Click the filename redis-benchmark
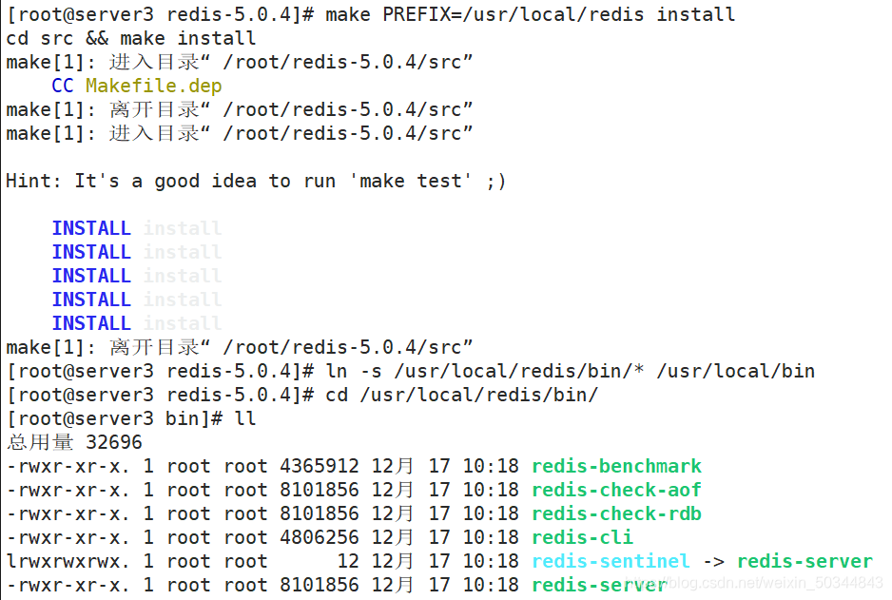tap(616, 467)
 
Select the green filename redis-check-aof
tap(616, 491)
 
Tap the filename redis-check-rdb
tap(616, 514)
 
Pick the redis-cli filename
tap(582, 538)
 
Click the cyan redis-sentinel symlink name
tap(611, 562)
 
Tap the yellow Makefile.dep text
tap(153, 87)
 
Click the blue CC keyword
tap(63, 87)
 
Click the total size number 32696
tap(113, 443)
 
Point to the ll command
tap(244, 419)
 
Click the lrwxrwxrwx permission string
tap(68, 562)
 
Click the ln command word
tap(336, 372)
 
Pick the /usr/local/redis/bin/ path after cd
tap(478, 396)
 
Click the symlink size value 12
tap(348, 562)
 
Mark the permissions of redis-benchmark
tap(68, 467)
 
